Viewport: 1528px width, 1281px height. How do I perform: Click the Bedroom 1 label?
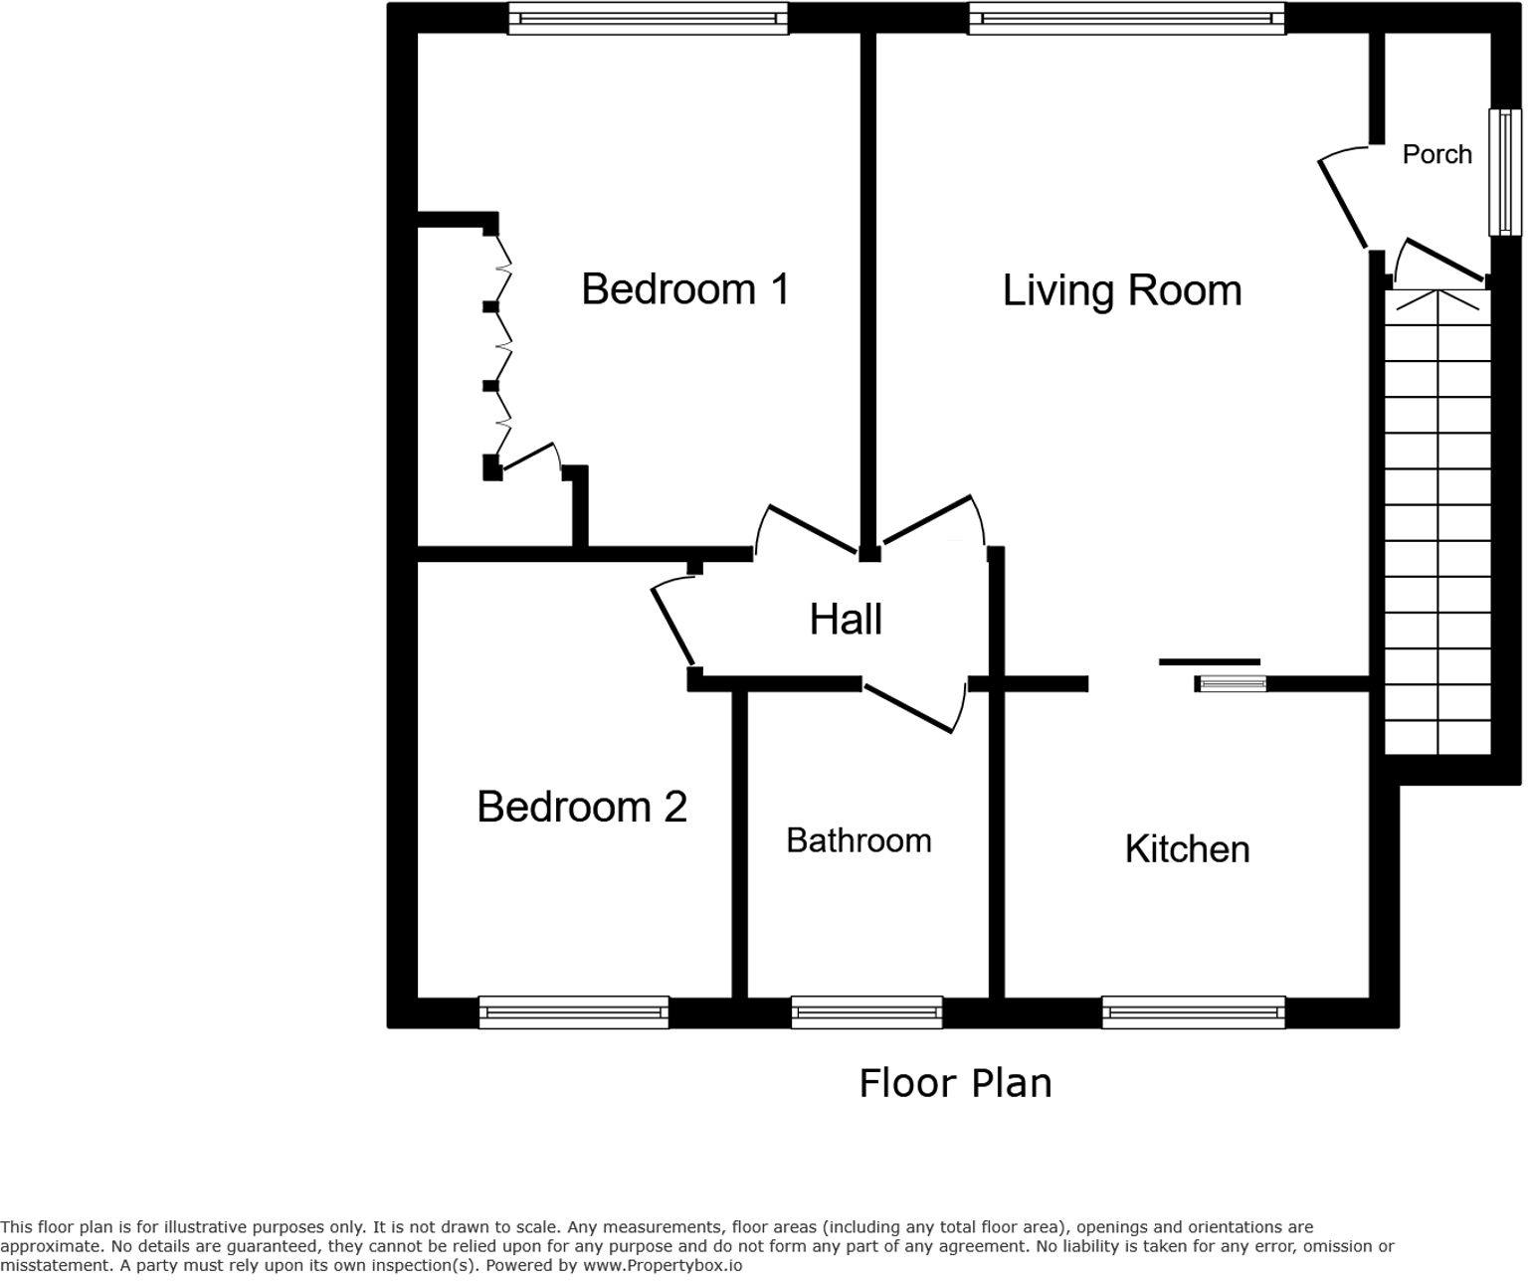685,289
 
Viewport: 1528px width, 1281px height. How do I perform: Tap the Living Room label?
1122,290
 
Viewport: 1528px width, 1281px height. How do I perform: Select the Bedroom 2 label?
582,807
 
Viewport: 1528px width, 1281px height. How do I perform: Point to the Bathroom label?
859,840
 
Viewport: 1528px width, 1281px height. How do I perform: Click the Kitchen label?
1187,849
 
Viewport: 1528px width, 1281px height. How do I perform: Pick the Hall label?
846,619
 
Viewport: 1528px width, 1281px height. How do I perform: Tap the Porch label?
1437,154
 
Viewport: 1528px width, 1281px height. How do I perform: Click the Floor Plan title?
955,1083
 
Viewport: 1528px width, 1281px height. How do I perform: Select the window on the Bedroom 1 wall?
649,18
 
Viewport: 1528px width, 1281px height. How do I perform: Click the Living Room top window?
1126,18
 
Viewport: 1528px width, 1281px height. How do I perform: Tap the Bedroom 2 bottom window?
574,1012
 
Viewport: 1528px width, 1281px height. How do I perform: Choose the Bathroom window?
866,1012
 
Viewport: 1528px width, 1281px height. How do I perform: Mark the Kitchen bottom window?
1194,1012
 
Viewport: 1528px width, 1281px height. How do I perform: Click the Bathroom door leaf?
908,708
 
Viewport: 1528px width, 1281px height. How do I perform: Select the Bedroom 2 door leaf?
671,627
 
